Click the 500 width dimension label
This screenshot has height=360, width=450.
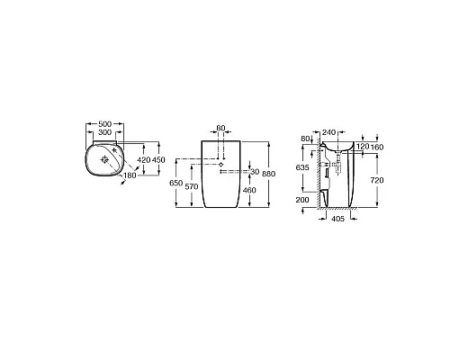105,123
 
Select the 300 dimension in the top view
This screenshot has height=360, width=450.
105,132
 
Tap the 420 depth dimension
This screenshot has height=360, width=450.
144,160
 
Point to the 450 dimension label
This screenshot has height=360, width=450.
158,160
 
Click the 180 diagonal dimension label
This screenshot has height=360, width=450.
130,175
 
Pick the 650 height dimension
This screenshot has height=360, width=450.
176,183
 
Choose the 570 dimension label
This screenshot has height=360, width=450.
192,186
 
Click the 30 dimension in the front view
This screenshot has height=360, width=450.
255,172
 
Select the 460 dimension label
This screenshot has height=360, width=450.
249,190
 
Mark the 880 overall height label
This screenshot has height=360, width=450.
268,174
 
